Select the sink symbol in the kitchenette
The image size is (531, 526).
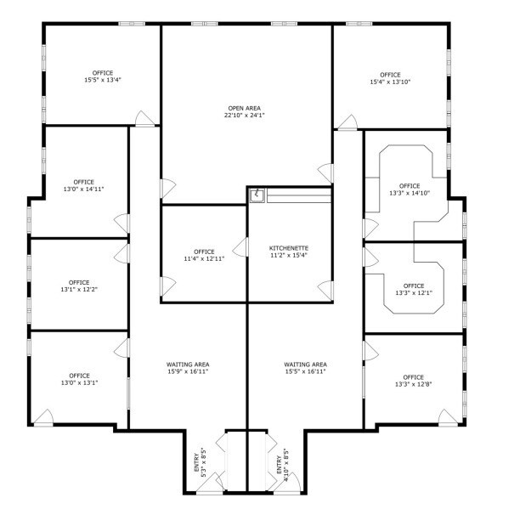[257, 195]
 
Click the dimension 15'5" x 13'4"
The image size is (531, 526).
[103, 81]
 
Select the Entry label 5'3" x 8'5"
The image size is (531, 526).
[201, 463]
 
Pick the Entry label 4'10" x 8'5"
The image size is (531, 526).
[282, 463]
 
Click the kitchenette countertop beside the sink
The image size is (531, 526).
[297, 197]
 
